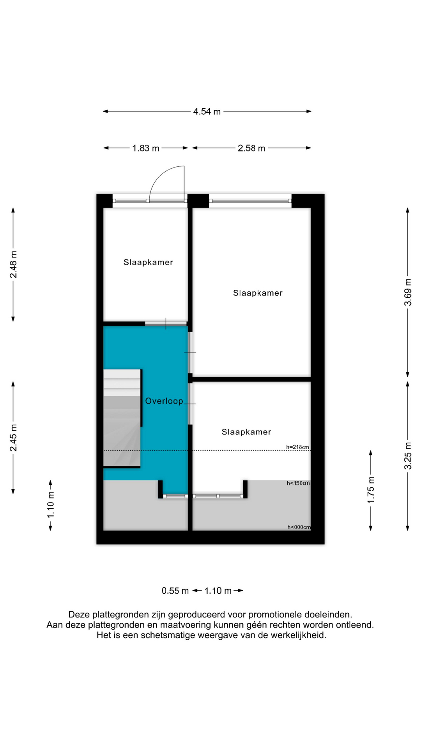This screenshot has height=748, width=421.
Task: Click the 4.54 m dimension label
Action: pyautogui.click(x=207, y=112)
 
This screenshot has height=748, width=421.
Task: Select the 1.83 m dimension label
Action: pyautogui.click(x=146, y=148)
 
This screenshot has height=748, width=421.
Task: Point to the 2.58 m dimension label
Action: pyautogui.click(x=251, y=148)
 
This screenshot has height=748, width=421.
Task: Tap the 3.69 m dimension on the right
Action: pyautogui.click(x=408, y=292)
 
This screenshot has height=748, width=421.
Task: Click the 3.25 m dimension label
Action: pyautogui.click(x=408, y=456)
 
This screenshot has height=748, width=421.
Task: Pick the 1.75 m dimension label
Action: pyautogui.click(x=371, y=490)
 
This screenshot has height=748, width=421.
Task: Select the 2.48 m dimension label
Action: pyautogui.click(x=13, y=265)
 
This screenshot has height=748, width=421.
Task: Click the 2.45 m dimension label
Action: pyautogui.click(x=13, y=438)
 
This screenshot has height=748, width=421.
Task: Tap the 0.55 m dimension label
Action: pyautogui.click(x=175, y=591)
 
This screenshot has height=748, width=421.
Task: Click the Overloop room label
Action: pyautogui.click(x=164, y=401)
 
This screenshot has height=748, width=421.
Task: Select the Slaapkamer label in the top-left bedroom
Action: pyautogui.click(x=148, y=262)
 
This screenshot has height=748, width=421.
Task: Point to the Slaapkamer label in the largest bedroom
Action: pyautogui.click(x=258, y=293)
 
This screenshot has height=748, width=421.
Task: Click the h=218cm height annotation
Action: pyautogui.click(x=298, y=447)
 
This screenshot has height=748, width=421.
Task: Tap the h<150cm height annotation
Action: pyautogui.click(x=298, y=483)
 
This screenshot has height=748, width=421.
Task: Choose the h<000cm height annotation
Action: pyautogui.click(x=299, y=527)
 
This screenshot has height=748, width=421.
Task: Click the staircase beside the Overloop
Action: pyautogui.click(x=122, y=418)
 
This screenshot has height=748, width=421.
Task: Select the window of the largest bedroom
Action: pyautogui.click(x=250, y=201)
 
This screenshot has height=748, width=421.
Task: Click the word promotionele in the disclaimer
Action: pyautogui.click(x=276, y=615)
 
